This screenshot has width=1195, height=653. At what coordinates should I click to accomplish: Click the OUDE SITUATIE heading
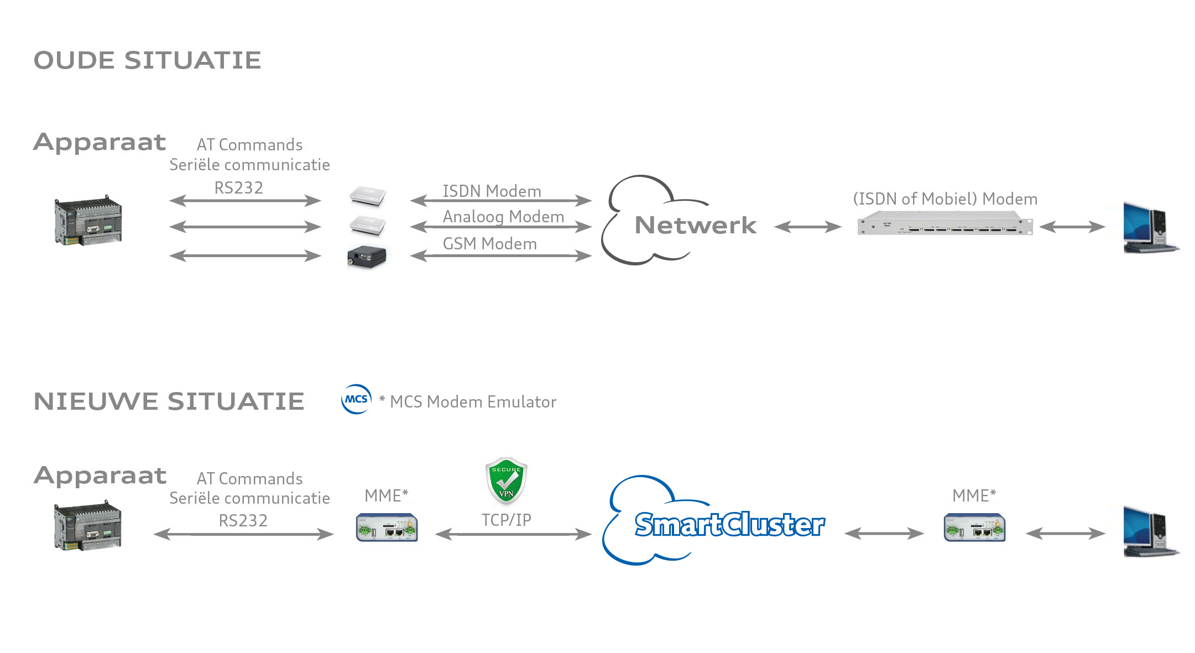[x=147, y=60]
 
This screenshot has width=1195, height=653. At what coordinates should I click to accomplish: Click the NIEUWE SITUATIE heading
[x=169, y=401]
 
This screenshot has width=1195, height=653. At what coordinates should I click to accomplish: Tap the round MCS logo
[x=357, y=399]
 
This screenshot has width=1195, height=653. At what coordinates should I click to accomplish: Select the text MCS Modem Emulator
[x=473, y=402]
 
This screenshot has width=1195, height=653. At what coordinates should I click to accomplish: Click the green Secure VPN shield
[x=506, y=480]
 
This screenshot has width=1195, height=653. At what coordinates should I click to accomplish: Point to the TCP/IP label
[x=506, y=520]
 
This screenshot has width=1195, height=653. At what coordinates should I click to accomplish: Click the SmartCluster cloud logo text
[x=729, y=524]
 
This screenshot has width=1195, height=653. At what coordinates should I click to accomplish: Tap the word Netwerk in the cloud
[x=695, y=226]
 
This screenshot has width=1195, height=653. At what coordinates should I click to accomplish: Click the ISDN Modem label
[x=492, y=191]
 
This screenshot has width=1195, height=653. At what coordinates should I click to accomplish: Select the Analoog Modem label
[x=503, y=217]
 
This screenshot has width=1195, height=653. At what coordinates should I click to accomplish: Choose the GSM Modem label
[x=489, y=244]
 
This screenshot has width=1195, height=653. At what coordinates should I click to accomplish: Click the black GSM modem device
[x=366, y=257]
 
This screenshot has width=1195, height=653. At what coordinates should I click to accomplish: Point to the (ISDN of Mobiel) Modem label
[x=945, y=199]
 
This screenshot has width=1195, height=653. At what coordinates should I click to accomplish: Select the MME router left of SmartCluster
[x=387, y=527]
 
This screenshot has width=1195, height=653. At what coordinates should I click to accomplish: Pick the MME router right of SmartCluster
[x=974, y=527]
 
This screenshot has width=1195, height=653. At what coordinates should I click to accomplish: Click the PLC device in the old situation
[x=88, y=220]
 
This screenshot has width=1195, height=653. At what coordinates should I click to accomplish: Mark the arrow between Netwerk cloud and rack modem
[x=807, y=227]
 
